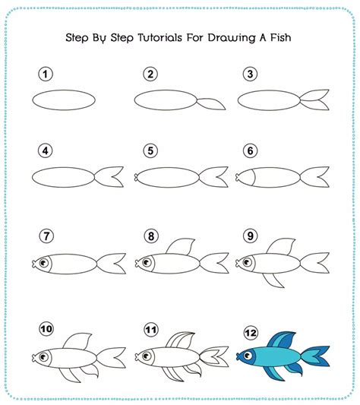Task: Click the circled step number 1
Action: coord(46,74)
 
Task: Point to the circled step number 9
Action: coord(249,236)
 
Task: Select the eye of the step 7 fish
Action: coord(43,264)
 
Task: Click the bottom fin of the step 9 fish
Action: coord(273,281)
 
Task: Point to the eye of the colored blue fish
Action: coord(250,353)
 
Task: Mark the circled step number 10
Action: coord(47,330)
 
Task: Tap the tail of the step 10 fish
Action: coord(112,356)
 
